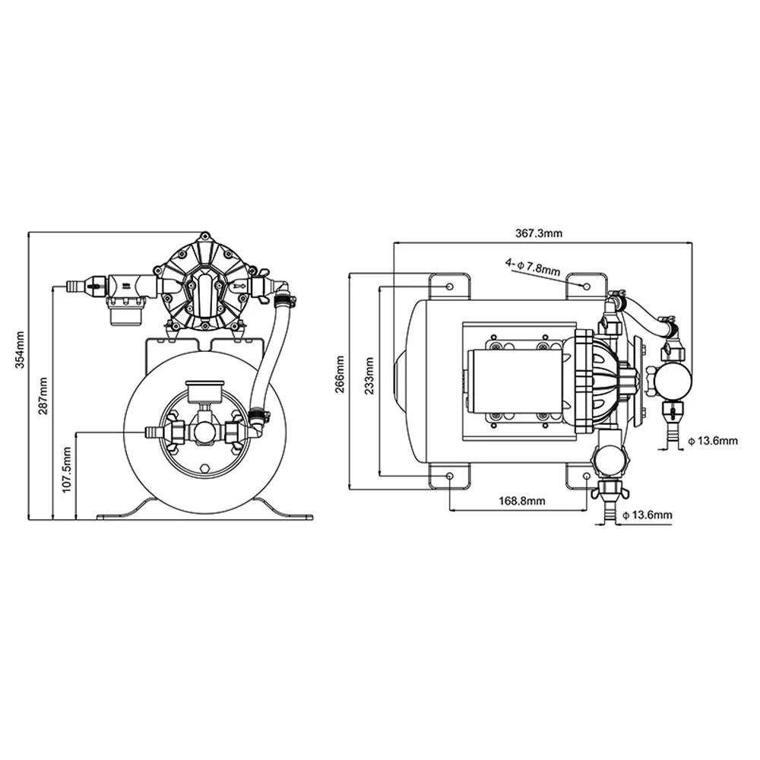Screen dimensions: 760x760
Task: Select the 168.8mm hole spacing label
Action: click(521, 501)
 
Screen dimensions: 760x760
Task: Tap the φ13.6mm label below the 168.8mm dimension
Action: click(647, 515)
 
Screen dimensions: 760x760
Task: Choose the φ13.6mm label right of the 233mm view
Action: click(712, 440)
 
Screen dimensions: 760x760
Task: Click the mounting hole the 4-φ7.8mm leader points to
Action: click(586, 286)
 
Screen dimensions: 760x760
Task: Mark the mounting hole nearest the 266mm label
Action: click(450, 286)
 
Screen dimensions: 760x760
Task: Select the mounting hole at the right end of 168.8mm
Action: click(586, 476)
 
